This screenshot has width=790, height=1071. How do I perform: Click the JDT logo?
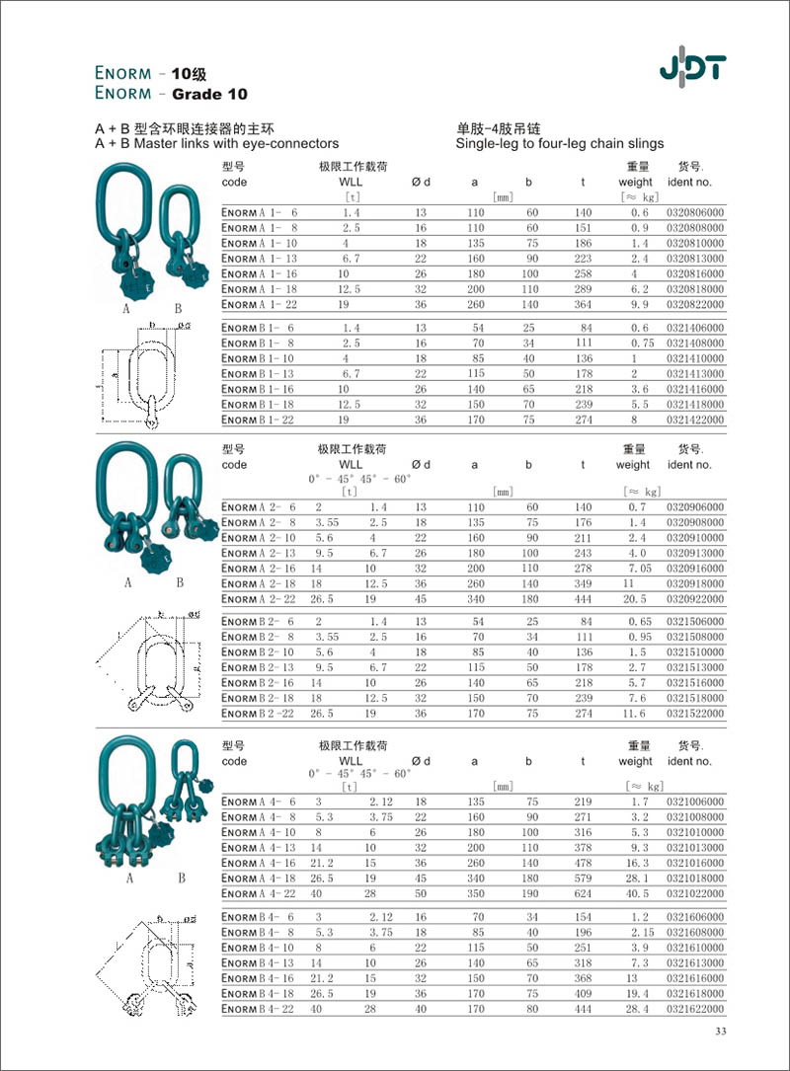click(x=692, y=68)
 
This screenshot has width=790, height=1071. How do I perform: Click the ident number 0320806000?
click(x=695, y=212)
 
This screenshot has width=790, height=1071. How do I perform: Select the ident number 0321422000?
click(x=695, y=420)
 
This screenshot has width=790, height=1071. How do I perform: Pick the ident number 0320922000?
click(x=695, y=599)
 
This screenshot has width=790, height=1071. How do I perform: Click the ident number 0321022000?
click(x=695, y=893)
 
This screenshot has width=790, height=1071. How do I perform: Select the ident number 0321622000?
click(x=695, y=1009)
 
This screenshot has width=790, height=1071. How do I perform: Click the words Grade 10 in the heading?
click(x=209, y=95)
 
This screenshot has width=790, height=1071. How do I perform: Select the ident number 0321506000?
click(x=695, y=622)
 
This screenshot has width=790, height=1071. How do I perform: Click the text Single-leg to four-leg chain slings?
click(x=560, y=143)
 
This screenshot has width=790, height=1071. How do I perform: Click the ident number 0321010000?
click(x=695, y=832)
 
